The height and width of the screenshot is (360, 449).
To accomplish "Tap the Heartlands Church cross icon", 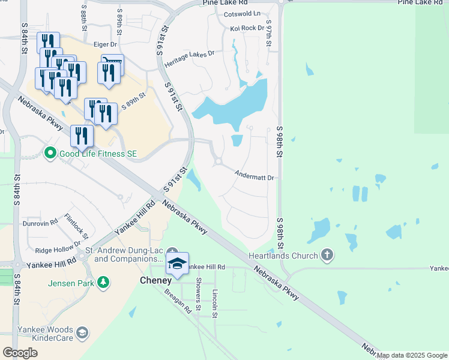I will pyautogui.click(x=327, y=255).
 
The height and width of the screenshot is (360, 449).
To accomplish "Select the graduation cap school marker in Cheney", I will pyautogui.click(x=178, y=263).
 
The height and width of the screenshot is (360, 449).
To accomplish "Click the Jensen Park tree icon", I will pyautogui.click(x=103, y=281).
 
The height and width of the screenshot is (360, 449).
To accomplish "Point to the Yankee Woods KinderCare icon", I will pyautogui.click(x=82, y=332).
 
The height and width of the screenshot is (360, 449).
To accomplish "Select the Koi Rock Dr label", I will pyautogui.click(x=247, y=28).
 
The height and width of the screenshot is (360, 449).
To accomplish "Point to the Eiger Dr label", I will pyautogui.click(x=105, y=44).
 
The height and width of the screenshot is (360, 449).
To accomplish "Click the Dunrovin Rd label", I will pyautogui.click(x=40, y=222).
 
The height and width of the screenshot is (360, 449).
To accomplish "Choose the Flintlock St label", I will pyautogui.click(x=77, y=226).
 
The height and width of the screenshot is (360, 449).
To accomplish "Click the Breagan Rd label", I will pyautogui.click(x=179, y=301).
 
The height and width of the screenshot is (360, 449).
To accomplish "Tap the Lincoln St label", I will pyautogui.click(x=215, y=303).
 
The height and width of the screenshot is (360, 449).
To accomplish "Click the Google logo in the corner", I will pyautogui.click(x=20, y=353).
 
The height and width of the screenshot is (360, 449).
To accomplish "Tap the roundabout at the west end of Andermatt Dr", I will pyautogui.click(x=218, y=161).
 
